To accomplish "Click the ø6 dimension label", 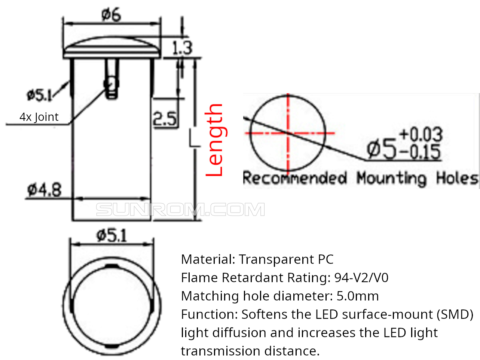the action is click(x=111, y=15).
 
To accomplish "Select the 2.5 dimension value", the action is click(x=165, y=119).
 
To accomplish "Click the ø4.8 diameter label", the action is click(x=45, y=190).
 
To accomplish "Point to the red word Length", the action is click(x=216, y=140).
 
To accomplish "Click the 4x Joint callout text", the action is click(x=39, y=117).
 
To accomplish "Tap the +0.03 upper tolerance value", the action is click(x=421, y=134).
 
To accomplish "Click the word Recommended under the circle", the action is click(x=295, y=178).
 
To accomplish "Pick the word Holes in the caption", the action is click(x=457, y=178).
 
